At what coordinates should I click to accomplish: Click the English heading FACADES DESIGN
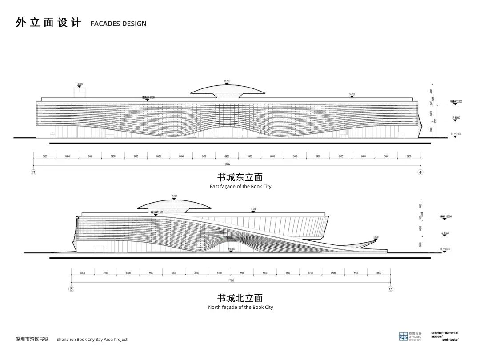(x=118, y=24)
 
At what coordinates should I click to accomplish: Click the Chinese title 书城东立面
(x=240, y=178)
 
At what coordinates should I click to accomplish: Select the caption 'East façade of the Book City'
(x=240, y=187)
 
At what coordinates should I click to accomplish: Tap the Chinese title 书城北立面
(x=240, y=298)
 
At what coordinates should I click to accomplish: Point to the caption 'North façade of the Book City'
(x=240, y=307)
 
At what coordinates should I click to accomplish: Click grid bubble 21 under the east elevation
(x=33, y=172)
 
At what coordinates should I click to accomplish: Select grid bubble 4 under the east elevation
(x=420, y=172)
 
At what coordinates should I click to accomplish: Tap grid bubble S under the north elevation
(x=71, y=288)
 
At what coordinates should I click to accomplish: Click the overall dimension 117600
(x=230, y=281)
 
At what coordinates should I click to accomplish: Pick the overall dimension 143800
(x=227, y=164)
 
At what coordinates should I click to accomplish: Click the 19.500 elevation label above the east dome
(x=227, y=81)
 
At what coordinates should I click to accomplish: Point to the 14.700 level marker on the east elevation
(x=352, y=94)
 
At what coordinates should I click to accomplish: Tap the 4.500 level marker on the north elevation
(x=376, y=237)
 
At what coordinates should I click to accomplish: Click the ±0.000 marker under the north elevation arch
(x=231, y=249)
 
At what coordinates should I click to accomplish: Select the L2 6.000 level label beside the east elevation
(x=456, y=118)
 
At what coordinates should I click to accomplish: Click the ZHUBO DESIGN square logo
(x=403, y=336)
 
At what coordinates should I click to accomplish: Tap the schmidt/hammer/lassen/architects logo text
(x=444, y=336)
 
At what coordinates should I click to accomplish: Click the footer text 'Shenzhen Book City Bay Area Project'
(x=92, y=340)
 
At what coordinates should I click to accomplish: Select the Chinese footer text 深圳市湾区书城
(x=32, y=339)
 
